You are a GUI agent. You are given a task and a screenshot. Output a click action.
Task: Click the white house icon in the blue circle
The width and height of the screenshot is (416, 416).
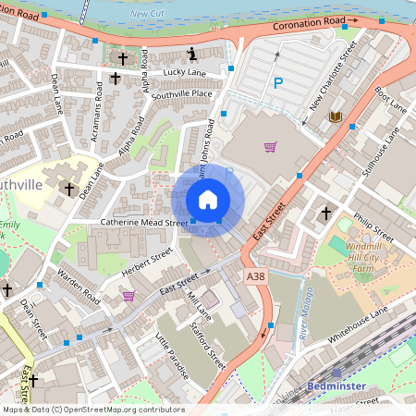208,200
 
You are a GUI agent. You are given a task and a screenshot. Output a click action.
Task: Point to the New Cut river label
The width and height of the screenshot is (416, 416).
145,14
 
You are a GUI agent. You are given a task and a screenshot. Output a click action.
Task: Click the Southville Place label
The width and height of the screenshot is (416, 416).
182,93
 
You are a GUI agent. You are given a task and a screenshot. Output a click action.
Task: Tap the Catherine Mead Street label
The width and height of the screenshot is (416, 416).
144,223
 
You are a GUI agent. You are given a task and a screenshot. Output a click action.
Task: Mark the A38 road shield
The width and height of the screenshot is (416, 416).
255,275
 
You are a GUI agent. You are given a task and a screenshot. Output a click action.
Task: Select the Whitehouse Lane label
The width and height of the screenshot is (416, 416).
356,324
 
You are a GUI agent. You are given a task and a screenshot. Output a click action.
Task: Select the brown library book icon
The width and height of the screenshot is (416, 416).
335,116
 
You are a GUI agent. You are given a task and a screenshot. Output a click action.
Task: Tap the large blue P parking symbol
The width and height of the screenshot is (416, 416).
277,83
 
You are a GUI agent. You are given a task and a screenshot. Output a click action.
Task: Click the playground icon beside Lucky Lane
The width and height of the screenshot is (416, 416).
191,53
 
